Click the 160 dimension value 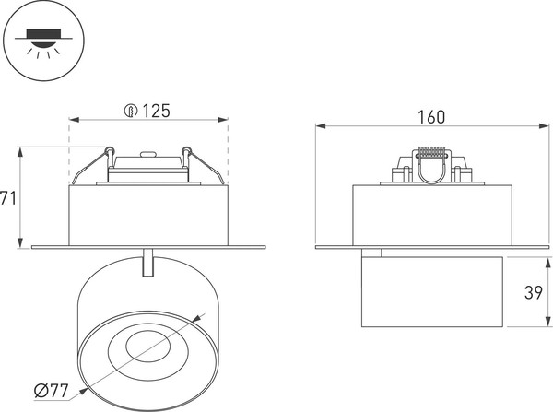tap(431, 116)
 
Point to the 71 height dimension tap(8, 197)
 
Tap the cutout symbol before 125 tap(131, 111)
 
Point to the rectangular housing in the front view tap(148, 215)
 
